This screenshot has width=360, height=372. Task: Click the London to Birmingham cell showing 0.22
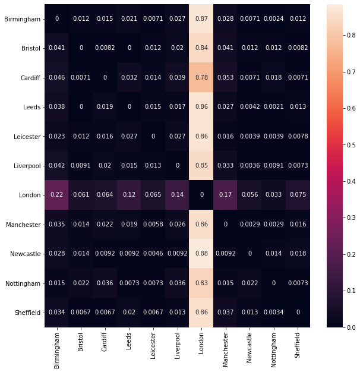(57, 195)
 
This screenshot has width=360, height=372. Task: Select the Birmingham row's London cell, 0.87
(201, 19)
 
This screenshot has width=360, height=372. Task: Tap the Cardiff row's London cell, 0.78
(201, 77)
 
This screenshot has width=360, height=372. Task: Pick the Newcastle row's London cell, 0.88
(201, 254)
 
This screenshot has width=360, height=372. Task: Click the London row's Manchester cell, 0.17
(225, 195)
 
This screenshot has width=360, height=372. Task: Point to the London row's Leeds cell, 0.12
(129, 195)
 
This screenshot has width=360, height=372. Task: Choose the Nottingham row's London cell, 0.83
(201, 283)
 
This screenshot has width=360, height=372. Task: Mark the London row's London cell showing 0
(201, 195)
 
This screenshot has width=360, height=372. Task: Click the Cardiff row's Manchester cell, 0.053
(225, 77)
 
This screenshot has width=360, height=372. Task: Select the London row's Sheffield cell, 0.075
(297, 195)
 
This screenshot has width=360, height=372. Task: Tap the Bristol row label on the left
(27, 48)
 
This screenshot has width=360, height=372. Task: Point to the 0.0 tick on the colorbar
(349, 327)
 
